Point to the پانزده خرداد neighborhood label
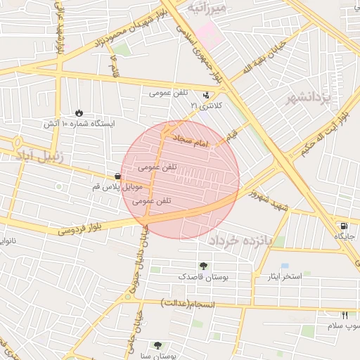coord(245,240)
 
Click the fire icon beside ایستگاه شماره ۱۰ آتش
coord(79,112)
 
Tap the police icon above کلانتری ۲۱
coord(205,94)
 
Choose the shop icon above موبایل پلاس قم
coord(117,176)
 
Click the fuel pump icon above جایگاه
coord(342,226)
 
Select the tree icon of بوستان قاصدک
coord(202,266)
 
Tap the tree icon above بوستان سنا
coord(157,345)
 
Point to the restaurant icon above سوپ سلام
coord(345,315)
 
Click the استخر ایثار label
coord(282,276)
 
